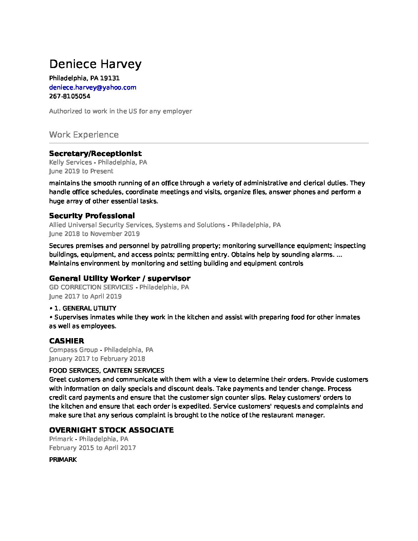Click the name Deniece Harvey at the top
click(95, 64)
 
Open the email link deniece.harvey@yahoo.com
click(93, 87)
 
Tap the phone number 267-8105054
click(70, 96)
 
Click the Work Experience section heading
click(84, 135)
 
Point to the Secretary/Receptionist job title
click(95, 153)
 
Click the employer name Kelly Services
click(70, 162)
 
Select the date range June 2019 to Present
click(81, 171)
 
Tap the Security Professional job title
click(92, 216)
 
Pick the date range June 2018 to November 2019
click(94, 234)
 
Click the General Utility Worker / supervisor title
click(119, 278)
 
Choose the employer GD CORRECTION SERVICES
click(91, 287)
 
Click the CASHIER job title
click(66, 341)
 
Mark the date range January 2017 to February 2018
click(97, 358)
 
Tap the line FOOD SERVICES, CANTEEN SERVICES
click(106, 370)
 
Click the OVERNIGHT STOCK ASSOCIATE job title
click(111, 430)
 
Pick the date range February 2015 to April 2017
click(92, 448)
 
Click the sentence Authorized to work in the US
click(120, 111)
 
